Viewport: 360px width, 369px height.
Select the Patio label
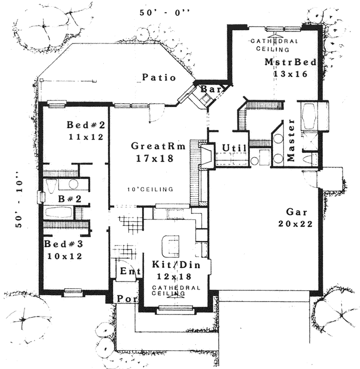click(159, 78)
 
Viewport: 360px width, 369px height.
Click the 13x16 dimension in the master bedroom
click(291, 73)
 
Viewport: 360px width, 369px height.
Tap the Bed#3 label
click(63, 245)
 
